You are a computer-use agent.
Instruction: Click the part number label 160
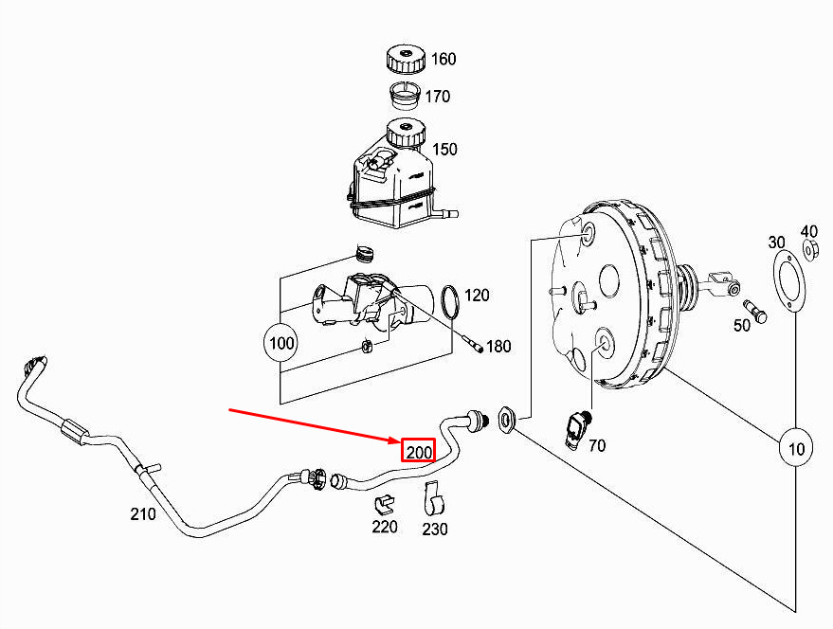(444, 60)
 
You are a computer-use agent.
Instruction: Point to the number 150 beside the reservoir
(444, 150)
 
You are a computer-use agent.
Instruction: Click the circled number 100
(282, 342)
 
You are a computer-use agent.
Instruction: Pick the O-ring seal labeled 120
(451, 301)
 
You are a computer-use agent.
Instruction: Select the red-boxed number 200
(419, 452)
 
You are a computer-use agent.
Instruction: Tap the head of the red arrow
(397, 440)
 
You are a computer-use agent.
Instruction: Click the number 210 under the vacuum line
(143, 514)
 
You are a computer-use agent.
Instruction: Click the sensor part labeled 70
(575, 427)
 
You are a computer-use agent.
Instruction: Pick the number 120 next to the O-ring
(477, 296)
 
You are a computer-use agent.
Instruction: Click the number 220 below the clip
(385, 527)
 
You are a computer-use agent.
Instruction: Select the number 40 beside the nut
(808, 231)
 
